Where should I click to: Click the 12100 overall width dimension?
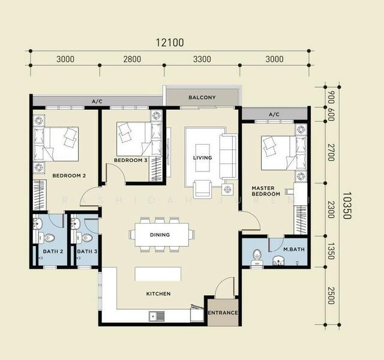170,43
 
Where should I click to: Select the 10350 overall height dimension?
347,205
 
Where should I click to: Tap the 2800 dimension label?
132,59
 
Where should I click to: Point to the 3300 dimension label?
202,59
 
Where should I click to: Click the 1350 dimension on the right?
331,251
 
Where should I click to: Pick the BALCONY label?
202,97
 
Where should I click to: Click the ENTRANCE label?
223,313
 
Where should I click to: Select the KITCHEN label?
158,293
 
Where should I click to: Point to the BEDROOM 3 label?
131,160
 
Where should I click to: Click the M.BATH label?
294,250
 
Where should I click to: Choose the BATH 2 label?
53,251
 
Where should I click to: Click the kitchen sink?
157,316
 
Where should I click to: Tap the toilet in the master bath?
257,257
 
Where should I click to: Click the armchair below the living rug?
202,189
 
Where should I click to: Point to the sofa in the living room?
228,157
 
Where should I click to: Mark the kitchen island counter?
158,274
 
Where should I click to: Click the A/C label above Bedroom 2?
97,101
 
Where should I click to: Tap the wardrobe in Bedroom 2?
40,195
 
